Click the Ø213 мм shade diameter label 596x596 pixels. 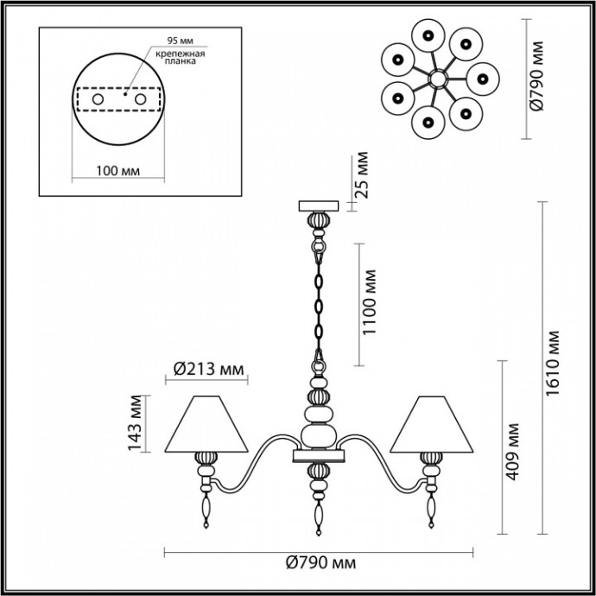pos(206,371)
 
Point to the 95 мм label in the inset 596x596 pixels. pos(181,41)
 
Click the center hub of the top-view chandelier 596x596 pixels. pos(435,79)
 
